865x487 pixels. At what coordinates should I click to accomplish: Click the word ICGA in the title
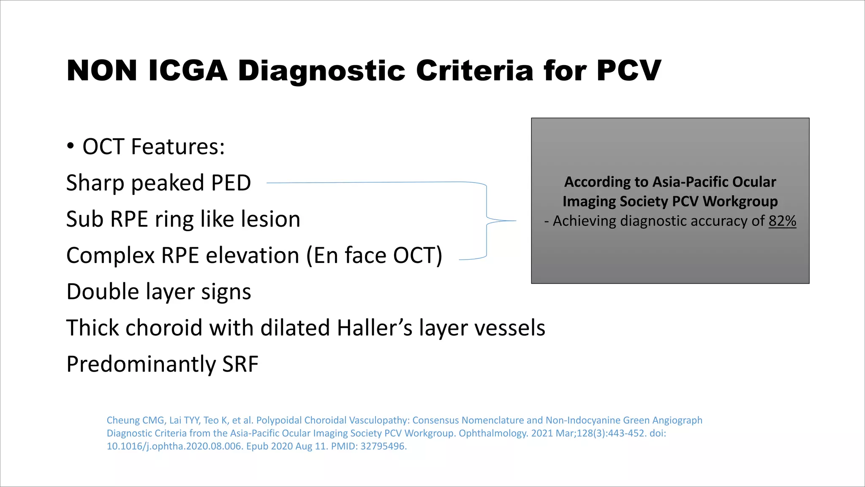pos(188,71)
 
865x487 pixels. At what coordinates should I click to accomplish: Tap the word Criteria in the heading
pos(475,71)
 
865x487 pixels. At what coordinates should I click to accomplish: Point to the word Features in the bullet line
pos(178,147)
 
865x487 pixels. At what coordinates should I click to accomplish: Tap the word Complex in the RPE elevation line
pos(111,256)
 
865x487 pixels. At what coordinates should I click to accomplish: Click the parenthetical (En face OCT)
pos(374,256)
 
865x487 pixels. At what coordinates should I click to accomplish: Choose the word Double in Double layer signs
pos(102,292)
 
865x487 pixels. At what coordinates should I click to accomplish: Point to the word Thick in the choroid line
pos(92,328)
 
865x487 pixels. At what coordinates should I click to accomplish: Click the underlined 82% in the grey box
pos(782,221)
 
